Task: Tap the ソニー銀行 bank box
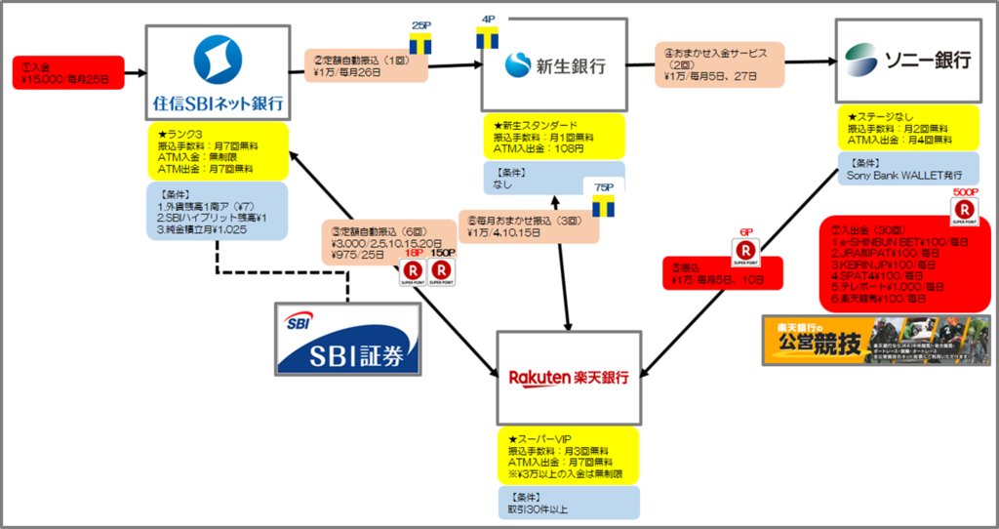[x=907, y=61]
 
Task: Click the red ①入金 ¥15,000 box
[x=68, y=72]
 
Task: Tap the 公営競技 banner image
[x=875, y=341]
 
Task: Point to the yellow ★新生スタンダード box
[x=553, y=139]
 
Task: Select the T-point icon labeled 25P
[x=420, y=42]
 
